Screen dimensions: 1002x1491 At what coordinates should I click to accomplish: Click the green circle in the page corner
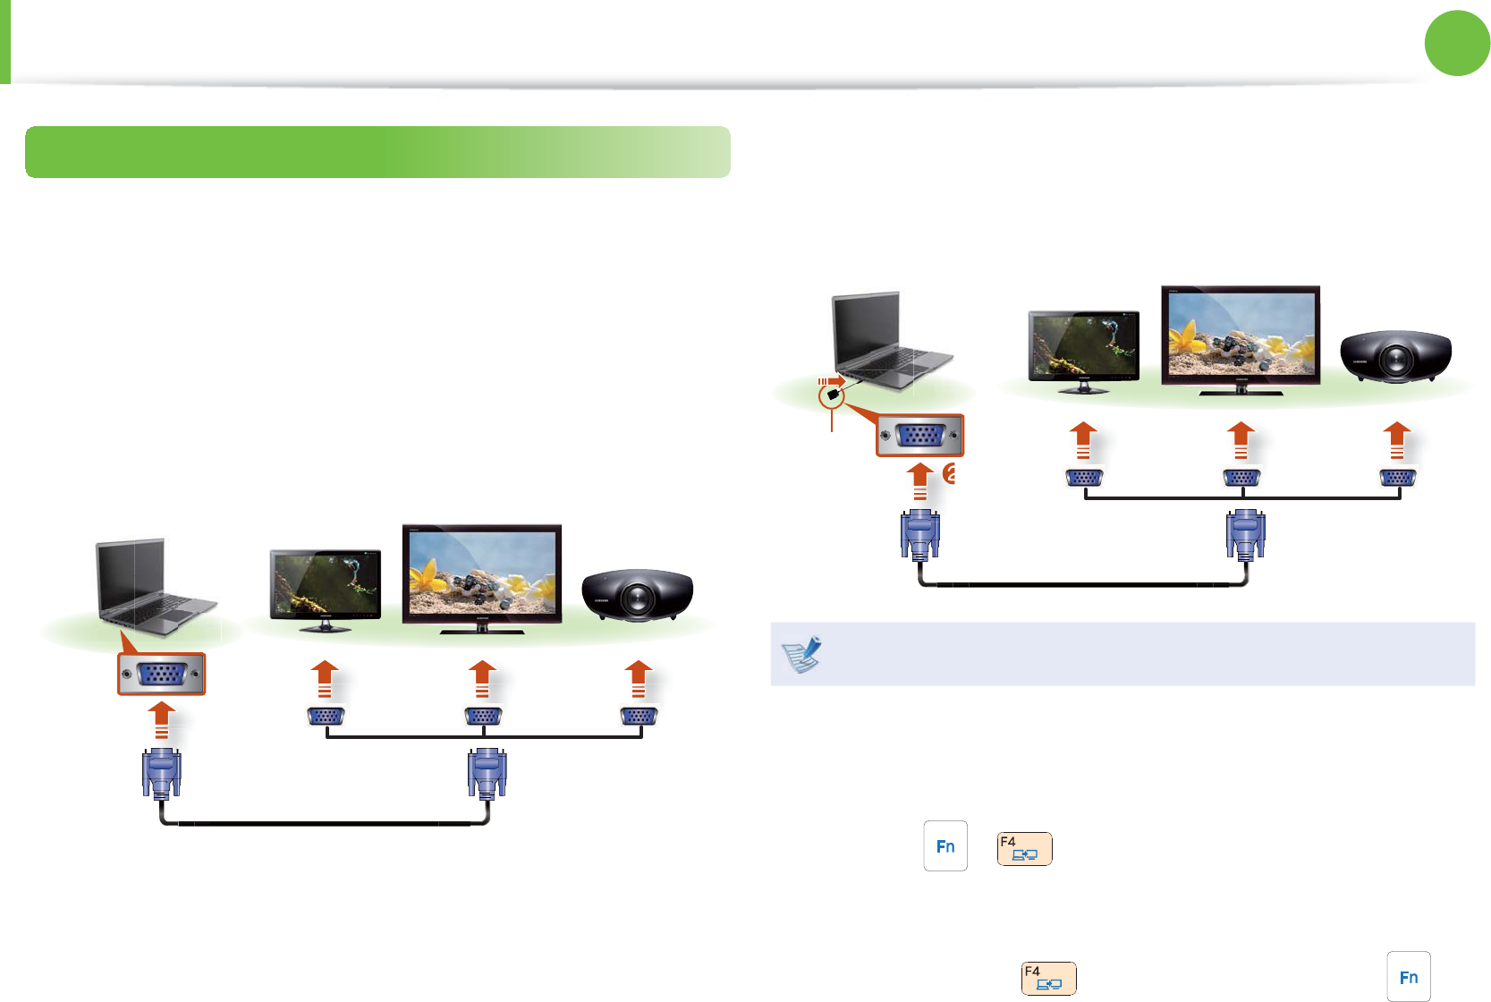tap(1457, 43)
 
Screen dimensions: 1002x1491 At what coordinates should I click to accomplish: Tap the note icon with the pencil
tap(802, 654)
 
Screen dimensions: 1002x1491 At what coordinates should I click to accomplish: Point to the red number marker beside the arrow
tap(950, 474)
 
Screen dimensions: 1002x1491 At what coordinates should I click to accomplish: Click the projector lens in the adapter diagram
tap(1395, 360)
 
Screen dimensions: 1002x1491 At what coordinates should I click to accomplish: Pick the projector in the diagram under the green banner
tap(637, 594)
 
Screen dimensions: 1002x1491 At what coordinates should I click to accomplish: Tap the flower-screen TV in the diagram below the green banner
tap(482, 578)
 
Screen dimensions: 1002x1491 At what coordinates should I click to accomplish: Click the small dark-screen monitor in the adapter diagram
tap(1084, 350)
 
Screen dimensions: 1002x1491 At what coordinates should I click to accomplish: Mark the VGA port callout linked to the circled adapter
tap(920, 436)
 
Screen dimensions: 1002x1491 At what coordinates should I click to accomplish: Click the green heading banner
tap(377, 152)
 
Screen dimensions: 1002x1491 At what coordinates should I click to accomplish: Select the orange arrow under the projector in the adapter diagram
tap(1396, 440)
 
